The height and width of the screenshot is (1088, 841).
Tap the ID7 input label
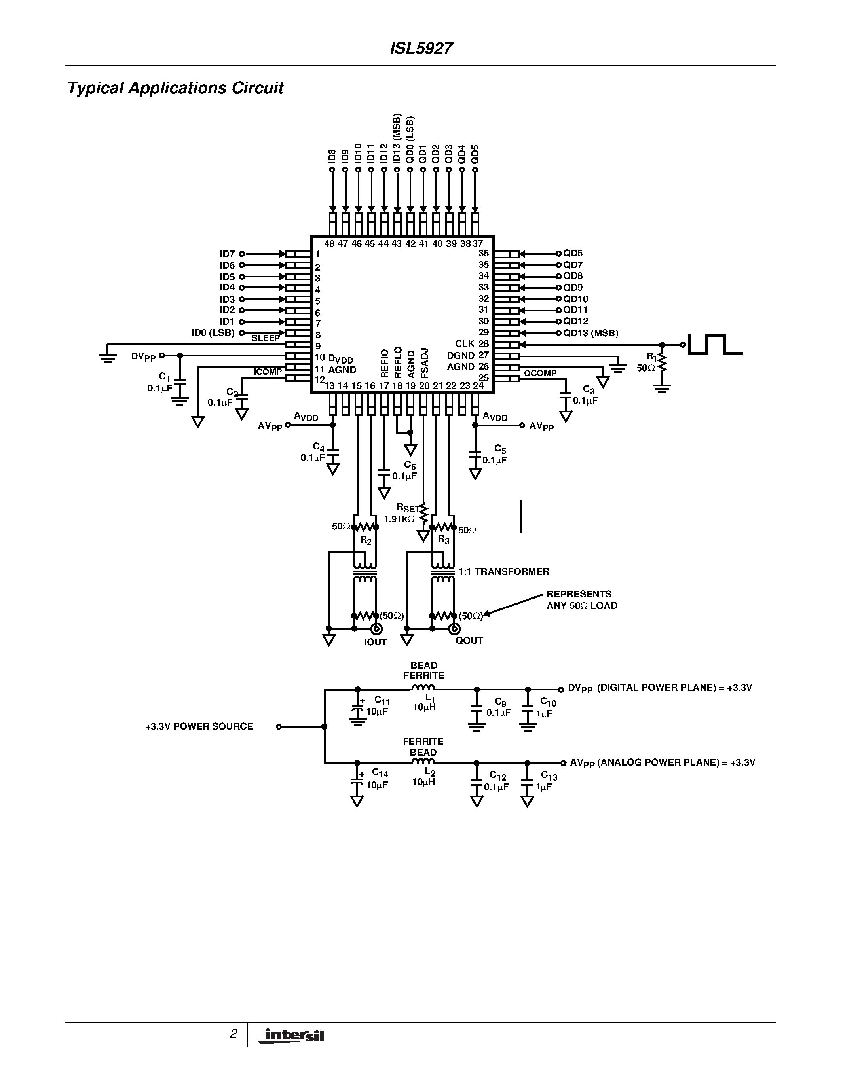pyautogui.click(x=227, y=254)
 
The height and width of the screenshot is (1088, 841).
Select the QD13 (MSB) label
pyautogui.click(x=590, y=333)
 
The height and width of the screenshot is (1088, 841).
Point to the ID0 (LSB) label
pyautogui.click(x=213, y=333)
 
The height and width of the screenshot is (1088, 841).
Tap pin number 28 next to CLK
pyautogui.click(x=483, y=344)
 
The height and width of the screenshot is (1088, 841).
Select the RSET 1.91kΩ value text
pyautogui.click(x=399, y=519)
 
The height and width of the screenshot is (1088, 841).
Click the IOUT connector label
pyautogui.click(x=375, y=642)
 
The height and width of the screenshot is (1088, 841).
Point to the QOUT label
pyautogui.click(x=469, y=641)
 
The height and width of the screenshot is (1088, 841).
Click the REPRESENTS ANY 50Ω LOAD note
pyautogui.click(x=581, y=600)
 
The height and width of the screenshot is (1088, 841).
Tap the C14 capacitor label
pyautogui.click(x=380, y=773)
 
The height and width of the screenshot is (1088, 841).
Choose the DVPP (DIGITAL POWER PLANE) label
pyautogui.click(x=660, y=688)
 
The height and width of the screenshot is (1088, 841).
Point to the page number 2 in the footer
pyautogui.click(x=233, y=1034)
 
